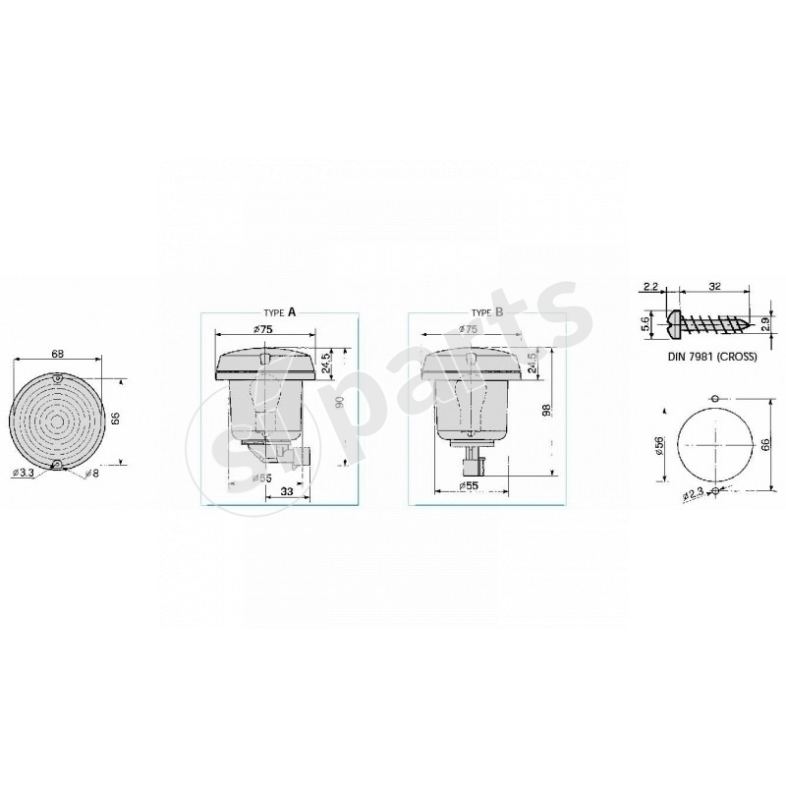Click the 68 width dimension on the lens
click(x=57, y=353)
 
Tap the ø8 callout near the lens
click(x=90, y=474)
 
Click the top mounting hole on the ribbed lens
click(x=57, y=379)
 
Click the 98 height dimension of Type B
click(x=547, y=411)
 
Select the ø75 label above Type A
click(x=263, y=329)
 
